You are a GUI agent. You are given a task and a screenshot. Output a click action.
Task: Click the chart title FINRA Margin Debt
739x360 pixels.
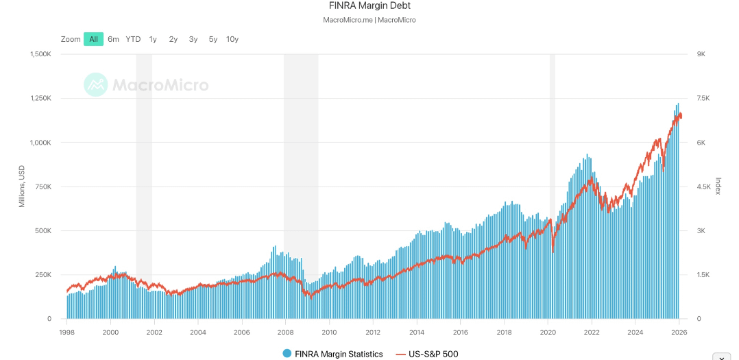coord(369,6)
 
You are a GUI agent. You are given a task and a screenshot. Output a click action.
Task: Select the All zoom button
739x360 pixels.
coord(93,39)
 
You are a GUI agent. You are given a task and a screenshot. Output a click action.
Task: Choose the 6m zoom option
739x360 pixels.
coord(113,39)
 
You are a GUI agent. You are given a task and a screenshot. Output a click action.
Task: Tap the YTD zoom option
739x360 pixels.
coord(133,39)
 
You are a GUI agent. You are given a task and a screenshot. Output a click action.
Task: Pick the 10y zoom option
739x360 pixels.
coord(232,39)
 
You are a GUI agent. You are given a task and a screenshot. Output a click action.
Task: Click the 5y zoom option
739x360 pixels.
coord(213,39)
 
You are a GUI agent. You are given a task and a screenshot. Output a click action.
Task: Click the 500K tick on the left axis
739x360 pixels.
coord(42,231)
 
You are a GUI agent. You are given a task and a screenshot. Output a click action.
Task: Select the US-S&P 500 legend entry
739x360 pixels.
coord(427,354)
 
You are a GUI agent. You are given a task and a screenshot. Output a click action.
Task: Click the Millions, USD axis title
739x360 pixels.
coord(22,187)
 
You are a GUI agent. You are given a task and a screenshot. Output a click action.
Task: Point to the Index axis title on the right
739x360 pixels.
coord(718,186)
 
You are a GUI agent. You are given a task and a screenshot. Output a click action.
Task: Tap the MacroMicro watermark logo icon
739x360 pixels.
coord(95,85)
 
